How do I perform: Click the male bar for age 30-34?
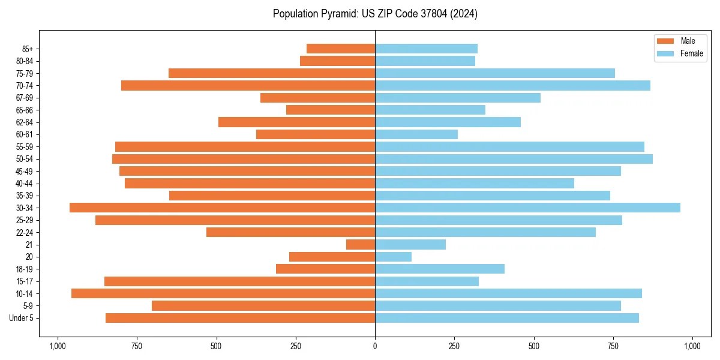point(222,208)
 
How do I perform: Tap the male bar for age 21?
point(361,245)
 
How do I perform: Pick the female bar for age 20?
point(393,257)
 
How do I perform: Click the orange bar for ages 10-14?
point(223,293)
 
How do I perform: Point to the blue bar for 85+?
point(426,49)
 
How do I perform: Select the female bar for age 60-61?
point(416,134)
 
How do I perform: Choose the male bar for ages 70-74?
point(248,86)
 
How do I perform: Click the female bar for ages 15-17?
point(427,281)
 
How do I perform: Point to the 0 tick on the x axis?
point(375,346)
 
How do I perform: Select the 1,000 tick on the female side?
point(692,346)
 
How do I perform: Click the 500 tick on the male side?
point(216,346)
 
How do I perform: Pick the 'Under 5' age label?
point(21,318)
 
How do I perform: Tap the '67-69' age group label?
point(25,98)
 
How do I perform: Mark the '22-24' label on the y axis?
point(25,233)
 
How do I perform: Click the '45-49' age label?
point(25,171)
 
